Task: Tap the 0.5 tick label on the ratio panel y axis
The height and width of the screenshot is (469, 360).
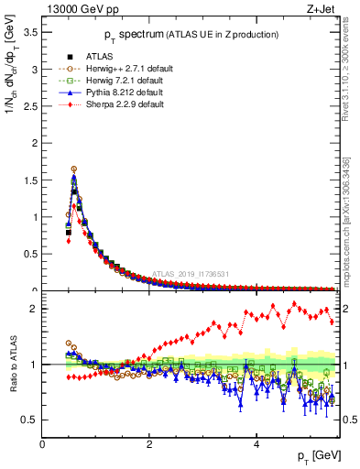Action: (28, 420)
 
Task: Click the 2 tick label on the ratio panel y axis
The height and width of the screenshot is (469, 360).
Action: (33, 309)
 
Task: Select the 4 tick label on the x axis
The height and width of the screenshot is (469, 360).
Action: (256, 444)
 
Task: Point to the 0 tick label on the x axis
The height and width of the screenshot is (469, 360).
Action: (43, 444)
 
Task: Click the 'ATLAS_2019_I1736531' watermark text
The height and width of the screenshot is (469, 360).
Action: (191, 274)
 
